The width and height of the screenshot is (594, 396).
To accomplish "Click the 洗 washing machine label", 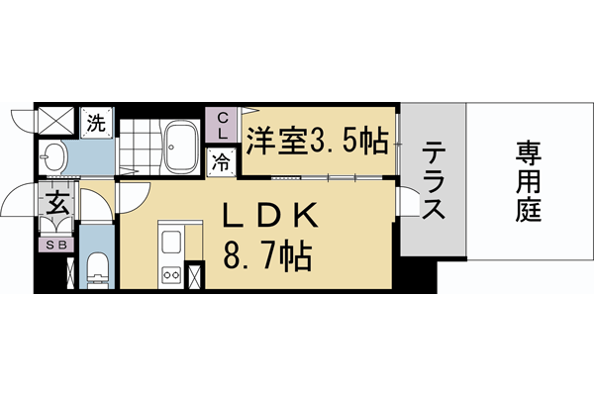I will point(96,124).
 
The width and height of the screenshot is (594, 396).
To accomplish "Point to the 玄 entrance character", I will point(54,206).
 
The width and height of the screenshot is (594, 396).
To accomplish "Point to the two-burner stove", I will point(169,274).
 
